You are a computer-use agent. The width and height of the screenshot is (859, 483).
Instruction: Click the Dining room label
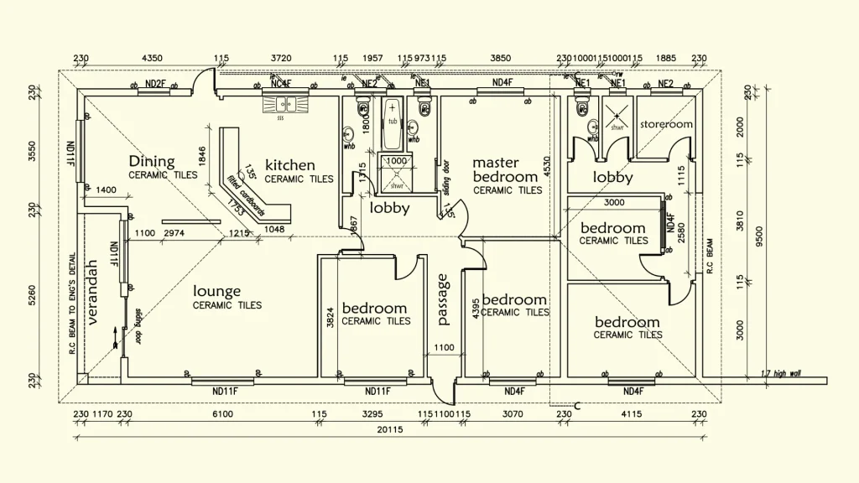click(x=152, y=162)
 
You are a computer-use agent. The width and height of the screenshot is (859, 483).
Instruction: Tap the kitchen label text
click(x=290, y=165)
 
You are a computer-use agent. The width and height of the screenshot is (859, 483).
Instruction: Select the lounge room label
click(x=217, y=291)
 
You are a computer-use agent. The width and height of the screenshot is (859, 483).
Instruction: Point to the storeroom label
click(x=666, y=124)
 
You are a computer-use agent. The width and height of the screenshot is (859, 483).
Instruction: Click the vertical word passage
click(x=444, y=299)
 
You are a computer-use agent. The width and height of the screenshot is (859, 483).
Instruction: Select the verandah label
click(x=92, y=293)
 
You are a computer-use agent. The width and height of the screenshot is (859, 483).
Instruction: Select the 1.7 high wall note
click(x=780, y=373)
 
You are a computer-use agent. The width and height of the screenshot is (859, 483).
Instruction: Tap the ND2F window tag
click(x=156, y=84)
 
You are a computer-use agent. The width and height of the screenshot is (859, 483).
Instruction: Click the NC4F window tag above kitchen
click(x=280, y=84)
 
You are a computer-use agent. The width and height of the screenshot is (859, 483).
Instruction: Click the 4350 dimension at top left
click(x=152, y=59)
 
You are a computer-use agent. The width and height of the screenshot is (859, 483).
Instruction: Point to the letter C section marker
click(x=577, y=407)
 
